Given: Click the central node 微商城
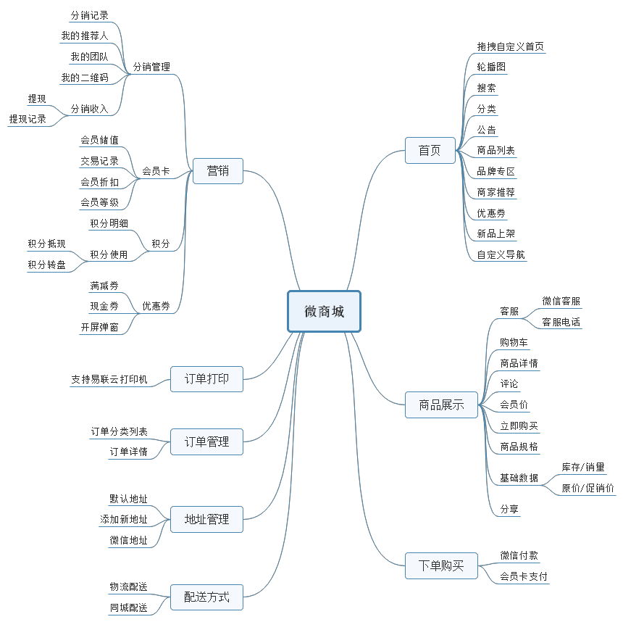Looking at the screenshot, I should point(324,311).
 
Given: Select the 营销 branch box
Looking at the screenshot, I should point(218,171).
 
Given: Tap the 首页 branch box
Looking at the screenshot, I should point(430,150).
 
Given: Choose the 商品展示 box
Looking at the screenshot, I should point(441,405).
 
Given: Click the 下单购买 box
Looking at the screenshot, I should point(441,565).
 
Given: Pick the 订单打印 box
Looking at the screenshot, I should point(206,378).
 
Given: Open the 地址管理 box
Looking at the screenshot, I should point(206,519).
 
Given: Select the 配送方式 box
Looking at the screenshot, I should point(206,597).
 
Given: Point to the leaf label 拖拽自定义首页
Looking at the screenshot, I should point(510,46).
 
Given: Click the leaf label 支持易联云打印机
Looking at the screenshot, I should point(109,379).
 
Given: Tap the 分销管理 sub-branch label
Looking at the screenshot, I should point(151,67).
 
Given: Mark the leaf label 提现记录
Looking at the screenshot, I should point(28,120).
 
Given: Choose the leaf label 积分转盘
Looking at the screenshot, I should point(46,265).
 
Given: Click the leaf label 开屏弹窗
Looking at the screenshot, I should point(99,328).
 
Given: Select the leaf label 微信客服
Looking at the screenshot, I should point(561,301).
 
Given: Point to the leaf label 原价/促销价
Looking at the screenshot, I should point(588,488).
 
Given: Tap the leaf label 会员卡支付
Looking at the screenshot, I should point(524,577).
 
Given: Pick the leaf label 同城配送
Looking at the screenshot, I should point(128,608).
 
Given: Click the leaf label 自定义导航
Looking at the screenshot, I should point(501,254).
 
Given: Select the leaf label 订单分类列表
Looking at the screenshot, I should point(119,431).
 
